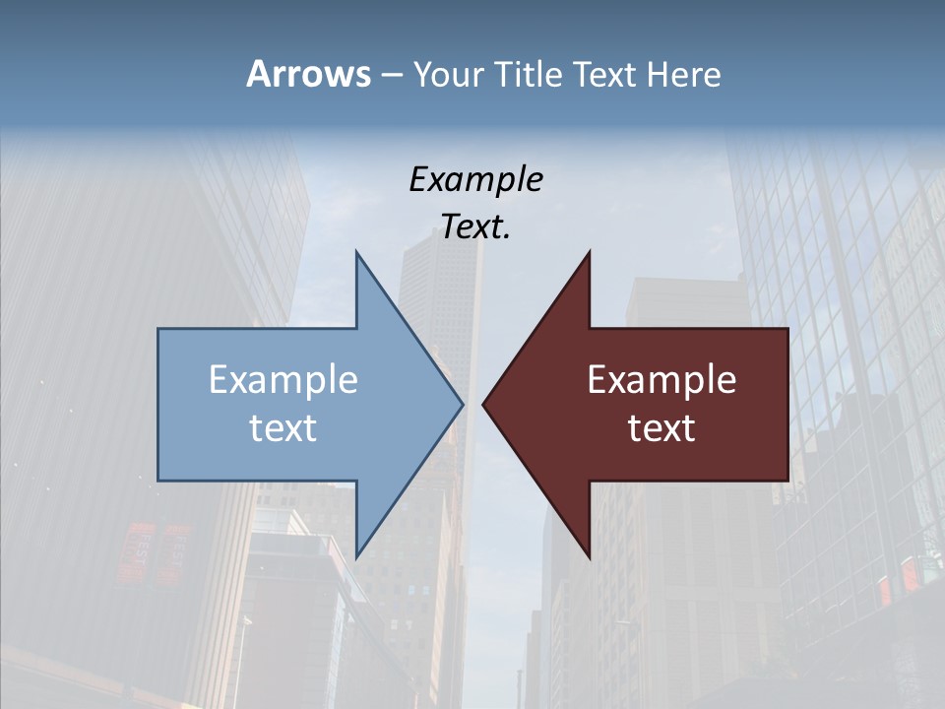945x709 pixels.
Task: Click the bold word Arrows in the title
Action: (x=308, y=74)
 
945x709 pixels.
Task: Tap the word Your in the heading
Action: (x=449, y=74)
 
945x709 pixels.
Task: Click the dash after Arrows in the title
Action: (x=391, y=75)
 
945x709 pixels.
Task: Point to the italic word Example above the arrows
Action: (x=475, y=179)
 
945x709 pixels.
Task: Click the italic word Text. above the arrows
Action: (x=475, y=226)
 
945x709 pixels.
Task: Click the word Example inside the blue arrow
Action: (x=283, y=379)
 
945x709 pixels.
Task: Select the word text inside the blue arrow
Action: (x=283, y=427)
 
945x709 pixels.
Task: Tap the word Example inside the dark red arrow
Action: (x=661, y=379)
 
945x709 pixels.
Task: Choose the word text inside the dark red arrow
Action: (x=661, y=427)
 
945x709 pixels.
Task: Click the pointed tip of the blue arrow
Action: (x=462, y=404)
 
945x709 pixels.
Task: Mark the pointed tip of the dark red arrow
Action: (x=484, y=404)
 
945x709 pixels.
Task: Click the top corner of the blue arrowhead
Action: (x=356, y=253)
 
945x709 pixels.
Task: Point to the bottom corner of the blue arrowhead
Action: (x=356, y=556)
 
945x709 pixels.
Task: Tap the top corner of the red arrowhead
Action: (x=589, y=253)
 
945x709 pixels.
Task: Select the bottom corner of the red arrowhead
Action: (x=589, y=556)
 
